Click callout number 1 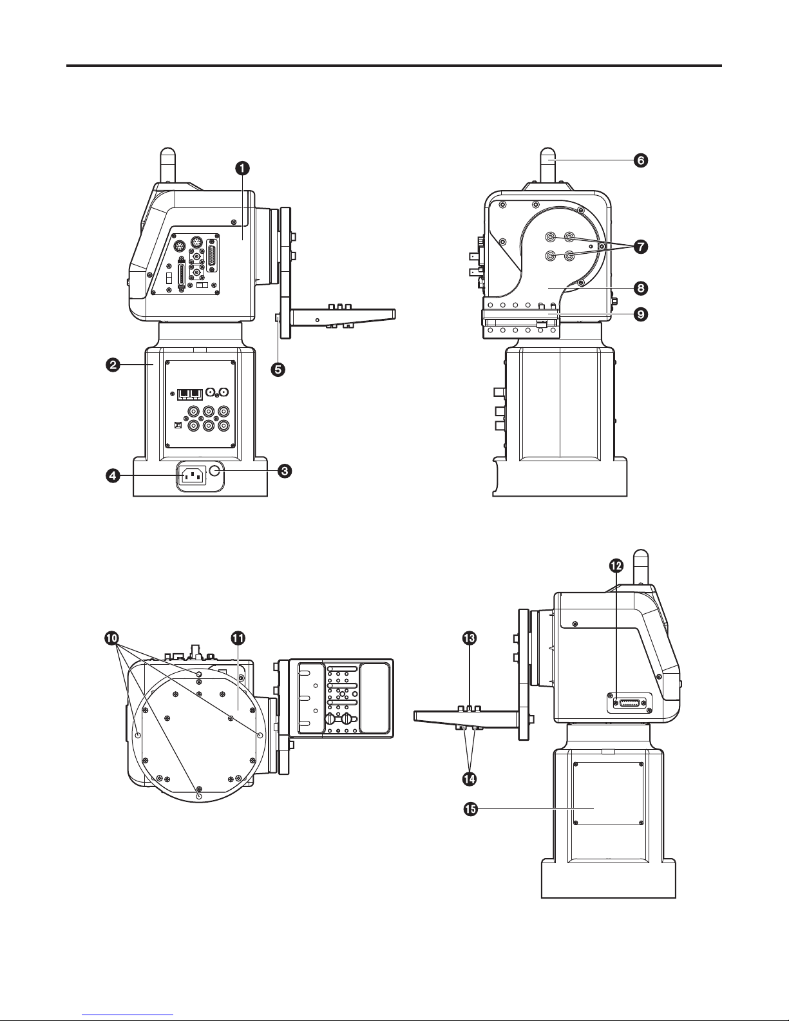click(242, 168)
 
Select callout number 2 click(113, 365)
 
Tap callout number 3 click(285, 471)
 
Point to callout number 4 click(113, 476)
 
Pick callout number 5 click(278, 369)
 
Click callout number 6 click(641, 160)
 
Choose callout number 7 click(641, 246)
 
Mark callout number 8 click(641, 288)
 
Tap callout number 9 click(641, 314)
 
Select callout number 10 click(112, 638)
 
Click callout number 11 click(238, 638)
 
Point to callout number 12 click(616, 566)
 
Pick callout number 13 click(469, 638)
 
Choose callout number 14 click(469, 779)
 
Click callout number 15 click(470, 808)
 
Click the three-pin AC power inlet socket click(193, 477)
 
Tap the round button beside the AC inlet click(215, 472)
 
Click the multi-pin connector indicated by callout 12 click(629, 703)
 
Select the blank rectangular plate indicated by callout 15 click(609, 794)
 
